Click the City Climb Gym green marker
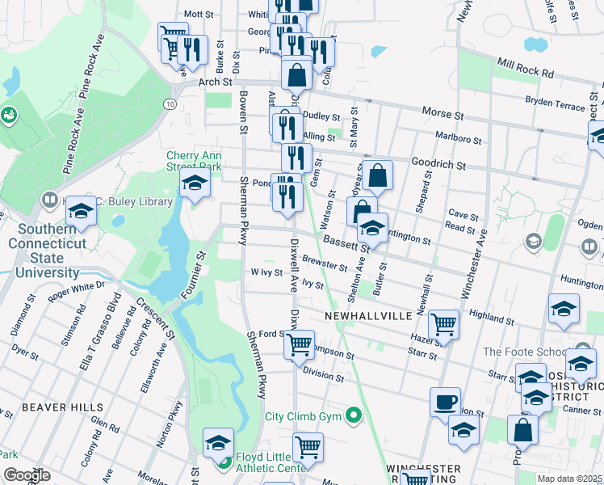353,417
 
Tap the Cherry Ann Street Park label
194,161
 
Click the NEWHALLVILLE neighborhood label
367,315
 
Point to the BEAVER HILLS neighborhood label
54,407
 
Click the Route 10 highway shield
170,104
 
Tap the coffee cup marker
445,401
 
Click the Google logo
27,475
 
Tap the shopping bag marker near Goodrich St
377,174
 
